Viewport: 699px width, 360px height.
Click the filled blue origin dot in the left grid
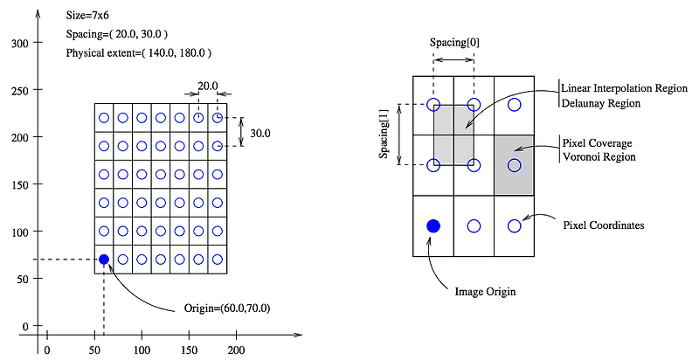104,260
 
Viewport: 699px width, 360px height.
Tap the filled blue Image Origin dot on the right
433,226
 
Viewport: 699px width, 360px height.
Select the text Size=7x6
88,16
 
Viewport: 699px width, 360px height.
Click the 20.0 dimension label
207,87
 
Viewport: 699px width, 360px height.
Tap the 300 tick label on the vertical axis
20,43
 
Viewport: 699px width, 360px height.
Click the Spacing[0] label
453,43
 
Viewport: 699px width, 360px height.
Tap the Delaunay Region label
601,103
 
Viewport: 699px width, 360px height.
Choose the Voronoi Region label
599,157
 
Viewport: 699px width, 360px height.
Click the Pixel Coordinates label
604,225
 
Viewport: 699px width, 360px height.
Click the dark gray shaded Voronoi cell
514,165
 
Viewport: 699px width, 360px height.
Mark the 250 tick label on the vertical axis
20,90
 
